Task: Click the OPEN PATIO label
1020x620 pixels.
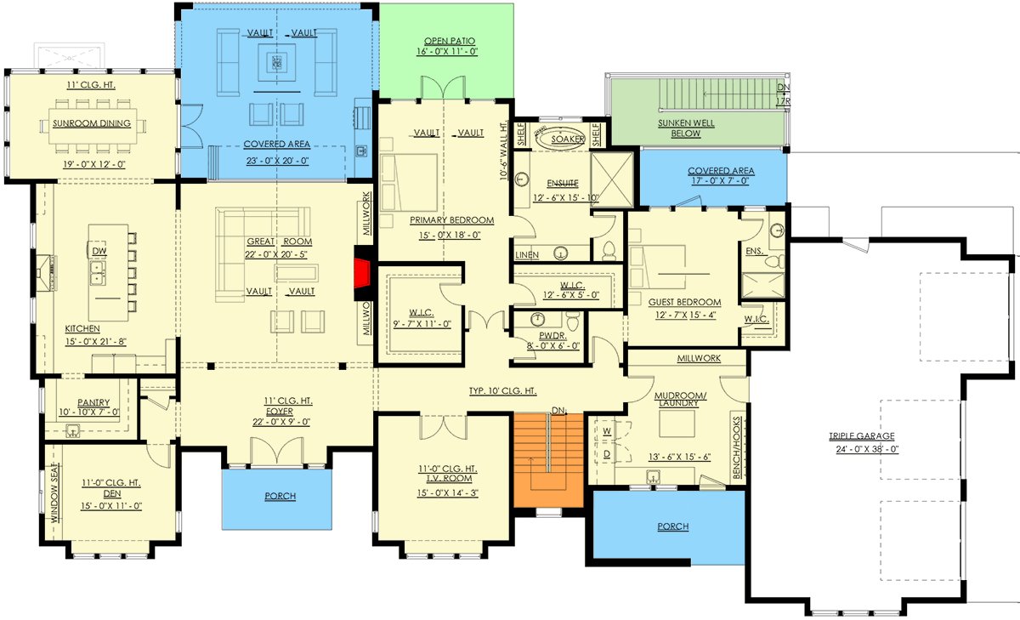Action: (450, 41)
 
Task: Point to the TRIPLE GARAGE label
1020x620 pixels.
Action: (862, 436)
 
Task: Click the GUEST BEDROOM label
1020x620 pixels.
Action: (684, 302)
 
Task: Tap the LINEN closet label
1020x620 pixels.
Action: (526, 255)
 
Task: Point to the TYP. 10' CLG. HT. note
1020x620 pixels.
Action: (502, 391)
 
